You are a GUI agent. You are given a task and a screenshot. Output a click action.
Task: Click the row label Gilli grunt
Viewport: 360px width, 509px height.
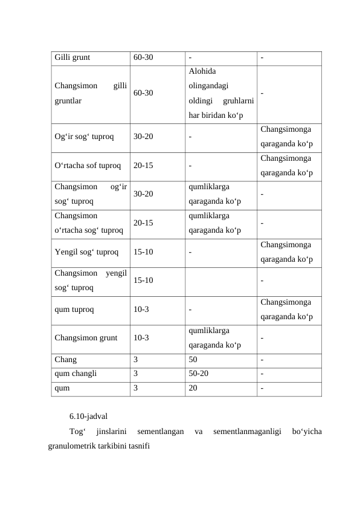(72, 58)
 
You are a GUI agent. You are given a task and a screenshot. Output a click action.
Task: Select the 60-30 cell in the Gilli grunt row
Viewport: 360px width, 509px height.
(143, 58)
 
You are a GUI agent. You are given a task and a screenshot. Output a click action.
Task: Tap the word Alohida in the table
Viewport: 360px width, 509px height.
(201, 72)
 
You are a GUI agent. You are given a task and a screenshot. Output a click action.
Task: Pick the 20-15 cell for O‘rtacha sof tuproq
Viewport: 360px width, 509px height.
(143, 164)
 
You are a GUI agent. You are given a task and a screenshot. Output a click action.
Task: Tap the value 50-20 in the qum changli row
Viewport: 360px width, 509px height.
(199, 374)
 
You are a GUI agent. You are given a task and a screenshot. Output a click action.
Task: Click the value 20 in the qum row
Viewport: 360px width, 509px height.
(193, 388)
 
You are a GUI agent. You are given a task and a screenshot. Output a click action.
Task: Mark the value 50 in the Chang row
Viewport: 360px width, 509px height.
(193, 359)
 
